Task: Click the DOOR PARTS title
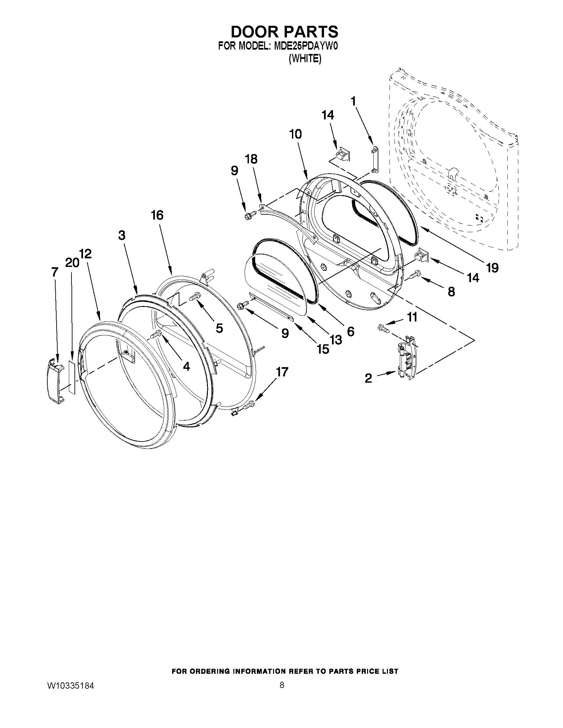point(285,32)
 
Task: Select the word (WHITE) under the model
point(305,59)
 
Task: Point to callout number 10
point(296,134)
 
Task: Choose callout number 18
point(252,159)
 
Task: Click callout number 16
point(157,215)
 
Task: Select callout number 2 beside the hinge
point(368,378)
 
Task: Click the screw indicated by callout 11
point(383,328)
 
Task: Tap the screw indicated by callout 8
point(415,274)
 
